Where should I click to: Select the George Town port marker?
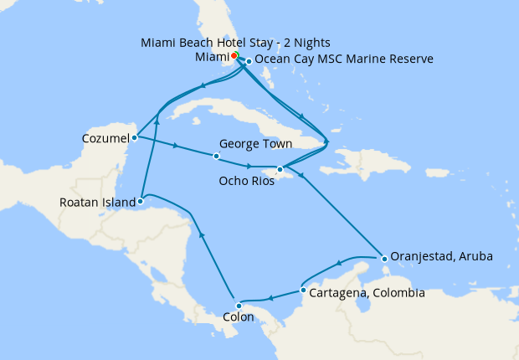tap(216, 157)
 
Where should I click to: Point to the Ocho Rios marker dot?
tap(280, 169)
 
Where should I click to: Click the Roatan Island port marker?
tap(141, 201)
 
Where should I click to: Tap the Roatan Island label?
tap(97, 202)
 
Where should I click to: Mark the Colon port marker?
tap(239, 306)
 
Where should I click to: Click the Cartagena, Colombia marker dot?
tap(302, 291)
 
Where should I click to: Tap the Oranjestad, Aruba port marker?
tap(383, 258)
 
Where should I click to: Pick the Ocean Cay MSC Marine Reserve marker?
tap(249, 61)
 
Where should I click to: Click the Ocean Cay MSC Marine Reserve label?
tap(343, 60)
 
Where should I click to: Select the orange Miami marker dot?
tap(234, 55)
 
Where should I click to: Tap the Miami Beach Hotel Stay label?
tap(236, 42)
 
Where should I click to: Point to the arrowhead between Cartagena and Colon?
tap(270, 298)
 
